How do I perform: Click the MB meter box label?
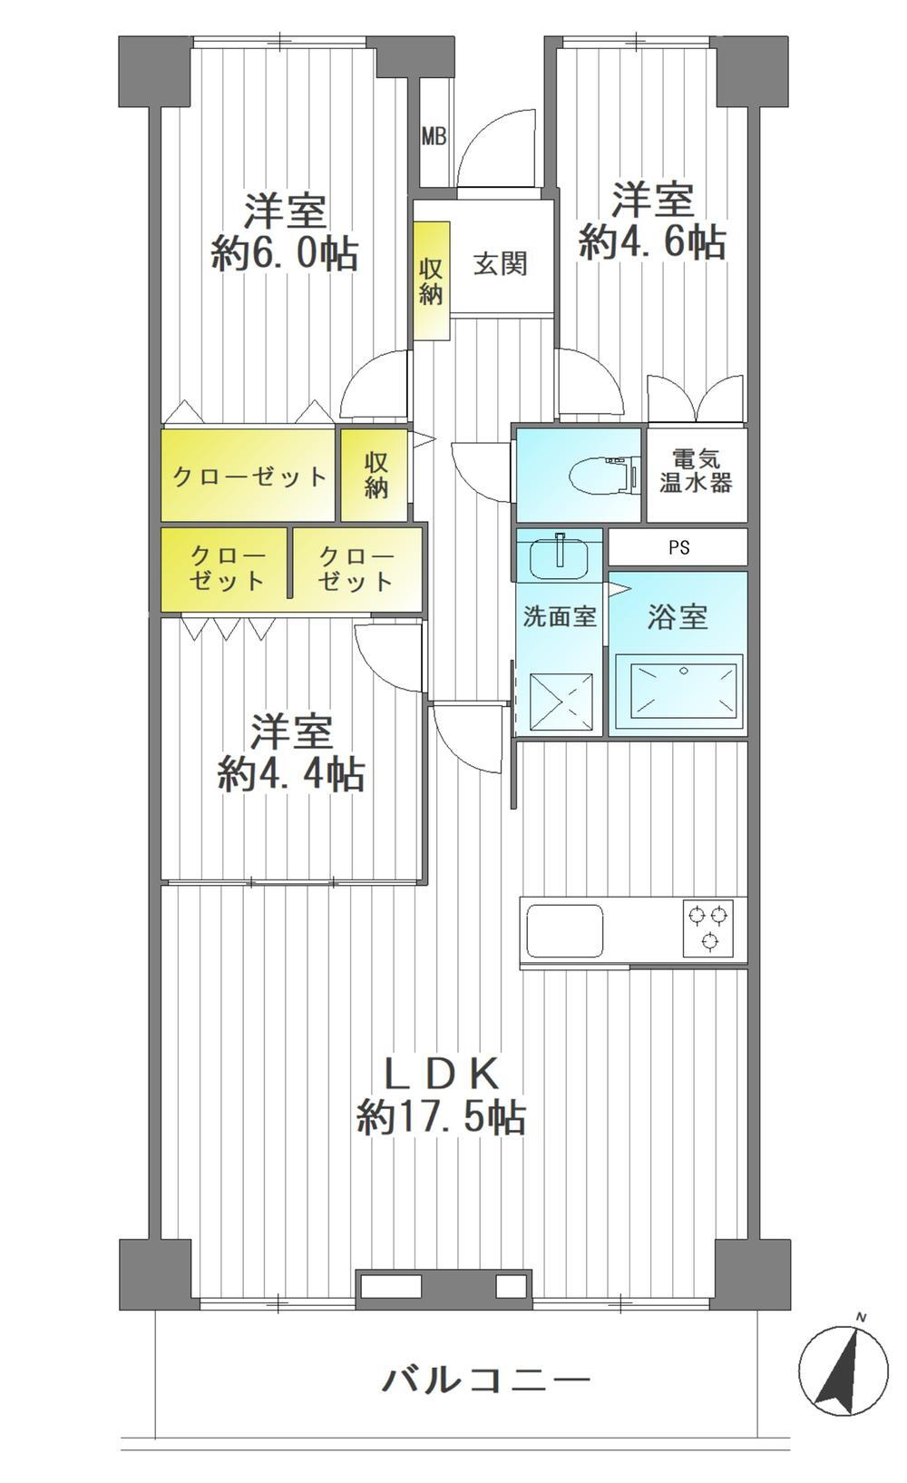(434, 137)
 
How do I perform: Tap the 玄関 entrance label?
(500, 264)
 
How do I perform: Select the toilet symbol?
(604, 474)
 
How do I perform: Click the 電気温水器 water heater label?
(696, 471)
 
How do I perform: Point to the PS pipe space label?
(679, 547)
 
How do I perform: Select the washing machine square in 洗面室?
(562, 702)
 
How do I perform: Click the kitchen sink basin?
(565, 930)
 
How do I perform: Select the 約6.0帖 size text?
(285, 253)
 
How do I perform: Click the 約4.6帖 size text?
(652, 241)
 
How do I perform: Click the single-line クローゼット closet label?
(249, 476)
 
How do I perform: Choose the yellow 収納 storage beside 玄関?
(432, 280)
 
